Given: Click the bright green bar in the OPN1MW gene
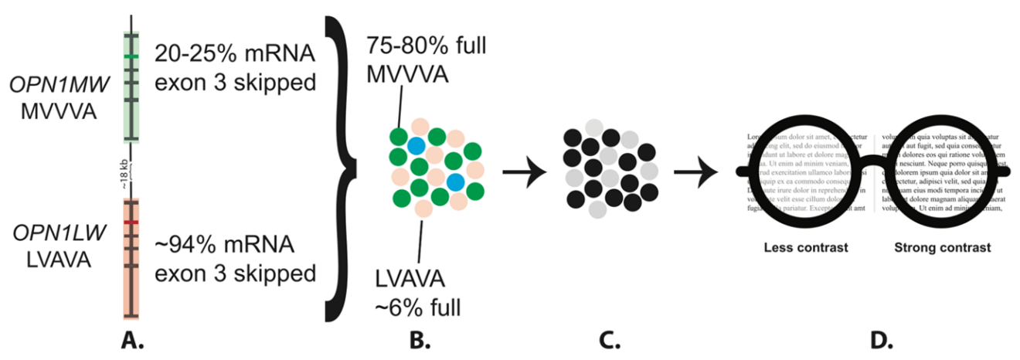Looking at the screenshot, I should [131, 57].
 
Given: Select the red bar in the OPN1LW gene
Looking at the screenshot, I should [131, 222].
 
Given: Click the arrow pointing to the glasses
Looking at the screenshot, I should [694, 171].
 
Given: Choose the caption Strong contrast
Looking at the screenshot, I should [942, 248].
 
